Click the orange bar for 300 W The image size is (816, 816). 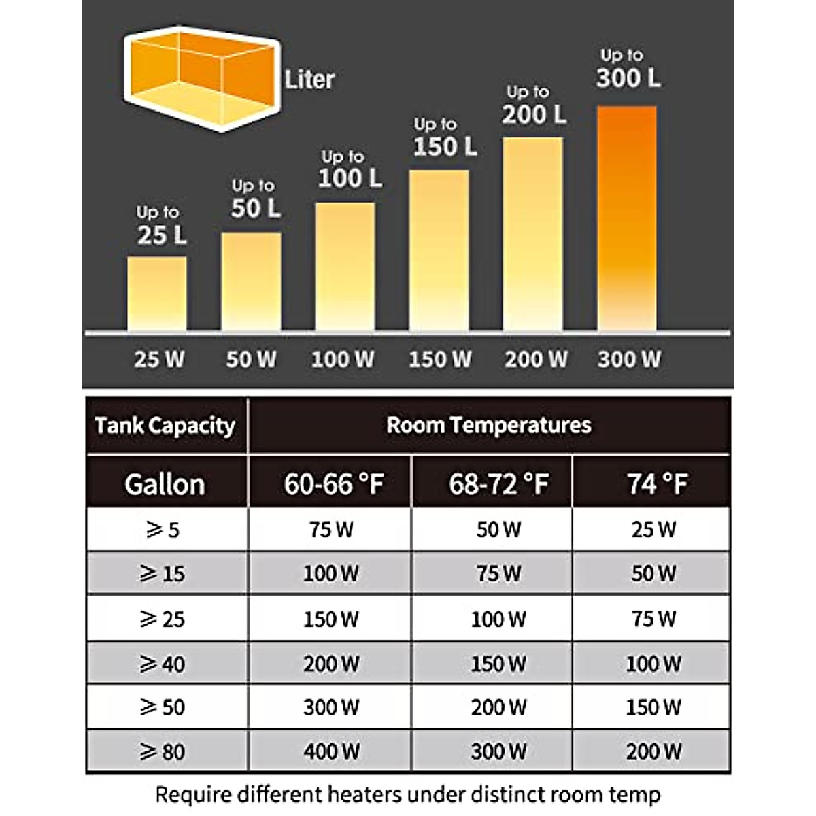pos(626,218)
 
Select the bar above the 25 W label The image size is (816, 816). pos(157,293)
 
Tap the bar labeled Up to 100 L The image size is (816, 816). pos(345,267)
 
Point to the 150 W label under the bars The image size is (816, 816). pos(439,359)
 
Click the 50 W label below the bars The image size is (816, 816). pos(251,359)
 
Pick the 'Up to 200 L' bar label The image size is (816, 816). pos(534,106)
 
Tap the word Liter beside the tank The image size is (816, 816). pos(309,80)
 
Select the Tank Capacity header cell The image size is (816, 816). pos(165,426)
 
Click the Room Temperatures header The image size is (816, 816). pos(488,426)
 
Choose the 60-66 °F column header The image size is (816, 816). pos(333,484)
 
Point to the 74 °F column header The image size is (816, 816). pos(656,484)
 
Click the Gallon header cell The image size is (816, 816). pos(165,484)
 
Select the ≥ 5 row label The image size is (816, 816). pos(163,530)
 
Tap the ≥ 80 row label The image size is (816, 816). pos(163,751)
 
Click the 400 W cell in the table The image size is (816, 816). pos(331,751)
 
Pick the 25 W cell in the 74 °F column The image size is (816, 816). pos(653,530)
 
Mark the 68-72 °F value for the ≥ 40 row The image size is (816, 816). pos(498,663)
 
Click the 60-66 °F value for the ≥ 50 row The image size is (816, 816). pos(331,707)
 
